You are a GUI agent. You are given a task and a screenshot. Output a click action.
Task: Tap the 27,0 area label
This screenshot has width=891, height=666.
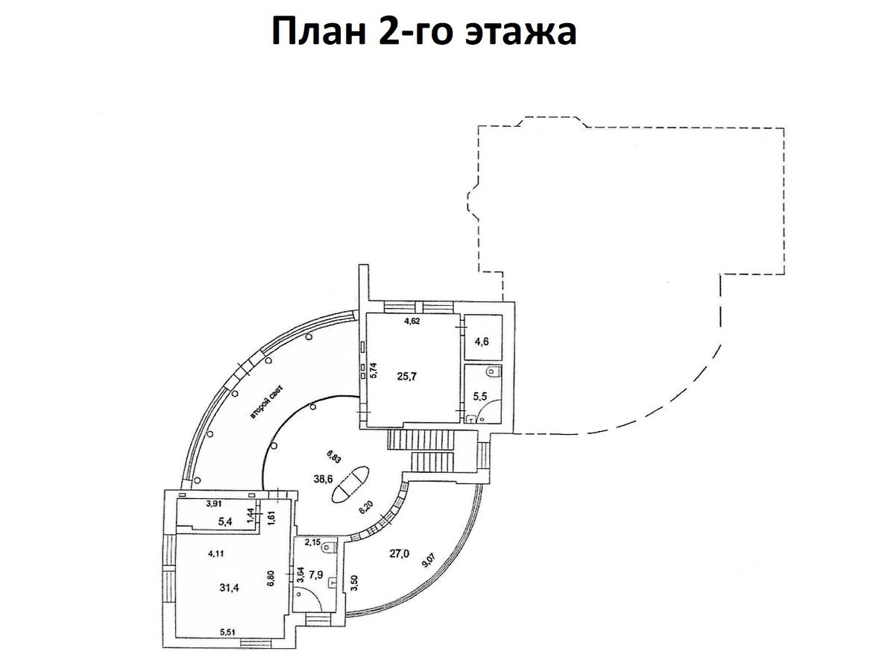click(400, 553)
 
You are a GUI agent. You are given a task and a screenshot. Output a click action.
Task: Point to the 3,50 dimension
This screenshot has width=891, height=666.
click(354, 581)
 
